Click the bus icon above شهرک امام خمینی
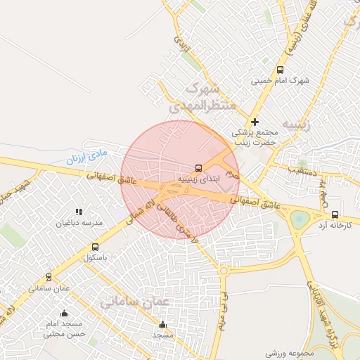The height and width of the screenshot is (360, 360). click(280, 70)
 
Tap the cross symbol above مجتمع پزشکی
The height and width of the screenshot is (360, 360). click(255, 122)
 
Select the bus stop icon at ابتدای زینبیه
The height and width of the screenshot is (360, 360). click(198, 168)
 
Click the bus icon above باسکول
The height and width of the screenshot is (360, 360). click(95, 247)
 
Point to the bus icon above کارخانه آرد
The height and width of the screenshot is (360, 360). click(335, 214)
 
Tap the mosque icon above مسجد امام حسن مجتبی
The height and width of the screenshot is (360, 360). click(65, 314)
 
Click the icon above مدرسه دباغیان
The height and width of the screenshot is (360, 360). click(79, 212)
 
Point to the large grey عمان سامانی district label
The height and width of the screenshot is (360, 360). click(136, 301)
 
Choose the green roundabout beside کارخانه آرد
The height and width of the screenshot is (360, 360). click(299, 220)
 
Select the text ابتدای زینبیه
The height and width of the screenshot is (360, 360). click(198, 179)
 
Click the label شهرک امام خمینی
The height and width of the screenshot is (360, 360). click(280, 81)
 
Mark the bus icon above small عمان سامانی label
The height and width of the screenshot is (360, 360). click(49, 277)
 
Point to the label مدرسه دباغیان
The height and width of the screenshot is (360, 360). click(79, 223)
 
